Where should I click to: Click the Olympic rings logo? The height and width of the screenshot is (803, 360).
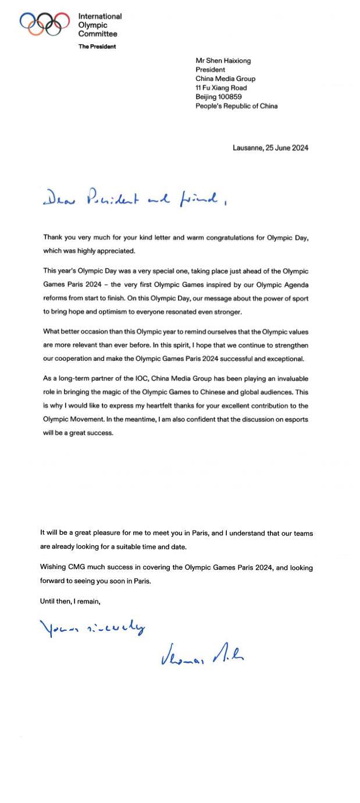click(41, 24)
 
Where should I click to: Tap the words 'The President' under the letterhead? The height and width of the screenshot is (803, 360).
click(97, 47)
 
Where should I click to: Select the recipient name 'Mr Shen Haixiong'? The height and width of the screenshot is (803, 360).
click(223, 61)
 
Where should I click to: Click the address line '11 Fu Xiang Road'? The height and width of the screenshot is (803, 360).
click(221, 88)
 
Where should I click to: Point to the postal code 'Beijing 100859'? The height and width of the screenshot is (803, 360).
click(219, 97)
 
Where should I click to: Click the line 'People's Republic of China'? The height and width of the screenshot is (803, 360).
click(236, 106)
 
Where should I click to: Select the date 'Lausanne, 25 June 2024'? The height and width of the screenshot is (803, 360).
click(270, 148)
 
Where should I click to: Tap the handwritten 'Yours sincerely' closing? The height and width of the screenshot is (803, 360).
click(92, 627)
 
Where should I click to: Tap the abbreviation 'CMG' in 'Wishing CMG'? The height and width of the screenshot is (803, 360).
click(77, 567)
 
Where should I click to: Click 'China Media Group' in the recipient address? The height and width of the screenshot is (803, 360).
click(225, 79)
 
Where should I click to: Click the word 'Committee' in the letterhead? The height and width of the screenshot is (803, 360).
click(98, 34)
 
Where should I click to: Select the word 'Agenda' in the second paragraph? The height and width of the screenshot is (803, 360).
click(295, 285)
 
